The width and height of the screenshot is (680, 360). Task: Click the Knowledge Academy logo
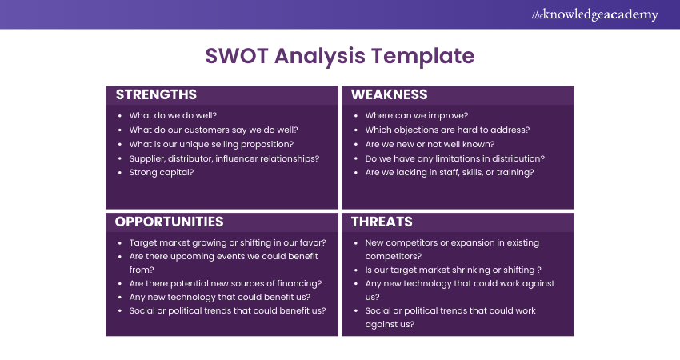[594, 14]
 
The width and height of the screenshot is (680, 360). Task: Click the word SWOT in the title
[237, 56]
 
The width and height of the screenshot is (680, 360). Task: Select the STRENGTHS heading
[156, 94]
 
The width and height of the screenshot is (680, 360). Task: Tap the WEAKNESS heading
[389, 94]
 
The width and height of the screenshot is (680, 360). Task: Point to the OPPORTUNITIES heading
[169, 222]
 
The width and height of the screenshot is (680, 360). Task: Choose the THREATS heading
[382, 222]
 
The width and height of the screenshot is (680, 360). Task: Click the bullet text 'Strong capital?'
[162, 172]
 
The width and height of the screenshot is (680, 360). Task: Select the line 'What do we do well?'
[173, 115]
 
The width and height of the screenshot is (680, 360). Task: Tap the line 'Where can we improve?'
[417, 115]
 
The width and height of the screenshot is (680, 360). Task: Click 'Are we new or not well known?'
[430, 144]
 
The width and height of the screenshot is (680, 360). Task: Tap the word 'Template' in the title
[423, 56]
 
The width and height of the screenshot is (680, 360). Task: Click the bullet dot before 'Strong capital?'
[120, 173]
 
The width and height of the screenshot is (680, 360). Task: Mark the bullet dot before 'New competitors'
[356, 243]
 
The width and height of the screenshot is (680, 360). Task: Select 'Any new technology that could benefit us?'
[220, 297]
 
